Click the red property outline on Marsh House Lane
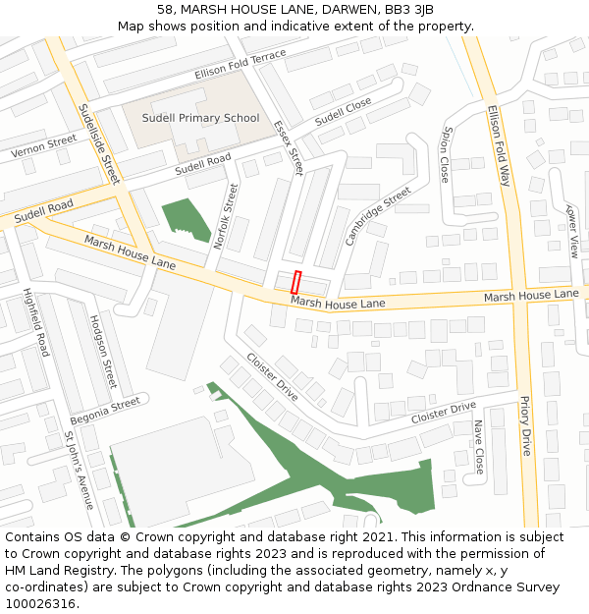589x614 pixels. (296, 280)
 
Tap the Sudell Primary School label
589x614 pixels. (200, 118)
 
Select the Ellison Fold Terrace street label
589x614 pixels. (241, 66)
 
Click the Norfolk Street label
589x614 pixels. (226, 216)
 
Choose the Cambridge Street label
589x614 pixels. (378, 217)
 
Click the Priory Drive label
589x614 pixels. (526, 426)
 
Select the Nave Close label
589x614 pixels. (479, 447)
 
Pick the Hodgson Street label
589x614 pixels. (103, 352)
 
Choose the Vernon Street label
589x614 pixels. (43, 147)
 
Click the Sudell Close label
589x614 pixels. (344, 110)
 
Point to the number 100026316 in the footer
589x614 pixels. (40, 603)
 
